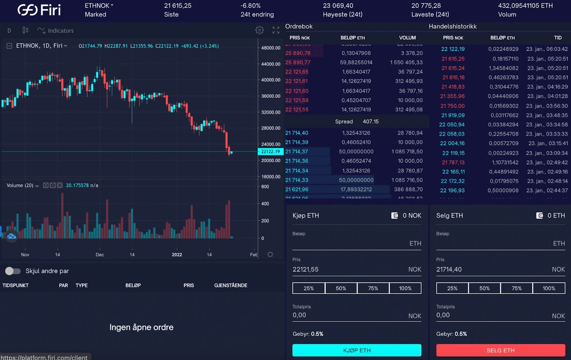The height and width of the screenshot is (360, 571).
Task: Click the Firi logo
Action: [x=39, y=10]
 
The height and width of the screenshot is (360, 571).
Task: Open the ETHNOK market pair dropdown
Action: [x=99, y=6]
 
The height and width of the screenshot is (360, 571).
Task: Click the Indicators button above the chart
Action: [x=56, y=31]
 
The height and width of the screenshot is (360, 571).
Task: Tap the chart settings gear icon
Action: [x=259, y=30]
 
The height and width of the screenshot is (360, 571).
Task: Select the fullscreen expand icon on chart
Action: [x=276, y=30]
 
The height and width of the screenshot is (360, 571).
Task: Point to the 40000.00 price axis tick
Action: [x=271, y=80]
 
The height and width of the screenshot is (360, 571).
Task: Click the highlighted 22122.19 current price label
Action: [x=271, y=151]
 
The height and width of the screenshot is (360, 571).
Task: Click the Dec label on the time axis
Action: [x=100, y=255]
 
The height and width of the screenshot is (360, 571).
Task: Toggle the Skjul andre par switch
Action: [x=13, y=271]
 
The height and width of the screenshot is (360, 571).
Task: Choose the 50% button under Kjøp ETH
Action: [x=341, y=288]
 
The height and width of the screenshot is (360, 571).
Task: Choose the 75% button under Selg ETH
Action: [x=516, y=288]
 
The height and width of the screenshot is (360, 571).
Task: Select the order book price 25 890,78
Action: [x=298, y=53]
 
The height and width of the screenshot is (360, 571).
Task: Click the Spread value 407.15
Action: [x=370, y=121]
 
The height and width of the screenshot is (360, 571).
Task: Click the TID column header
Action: [x=557, y=38]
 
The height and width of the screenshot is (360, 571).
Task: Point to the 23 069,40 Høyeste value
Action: [x=338, y=6]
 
